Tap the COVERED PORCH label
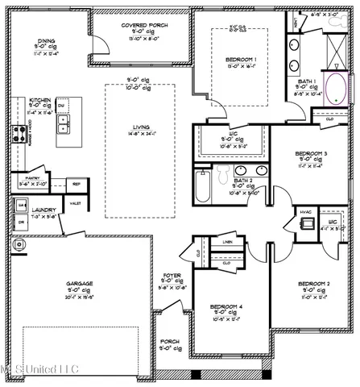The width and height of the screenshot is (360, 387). (145, 26)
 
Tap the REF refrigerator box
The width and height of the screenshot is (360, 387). (76, 184)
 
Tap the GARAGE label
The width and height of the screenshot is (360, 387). (79, 284)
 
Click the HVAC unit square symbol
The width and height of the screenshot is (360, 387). (304, 224)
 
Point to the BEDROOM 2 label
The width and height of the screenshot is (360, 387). (313, 285)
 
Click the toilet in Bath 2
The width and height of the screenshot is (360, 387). (223, 173)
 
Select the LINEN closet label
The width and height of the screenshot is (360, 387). (228, 242)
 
